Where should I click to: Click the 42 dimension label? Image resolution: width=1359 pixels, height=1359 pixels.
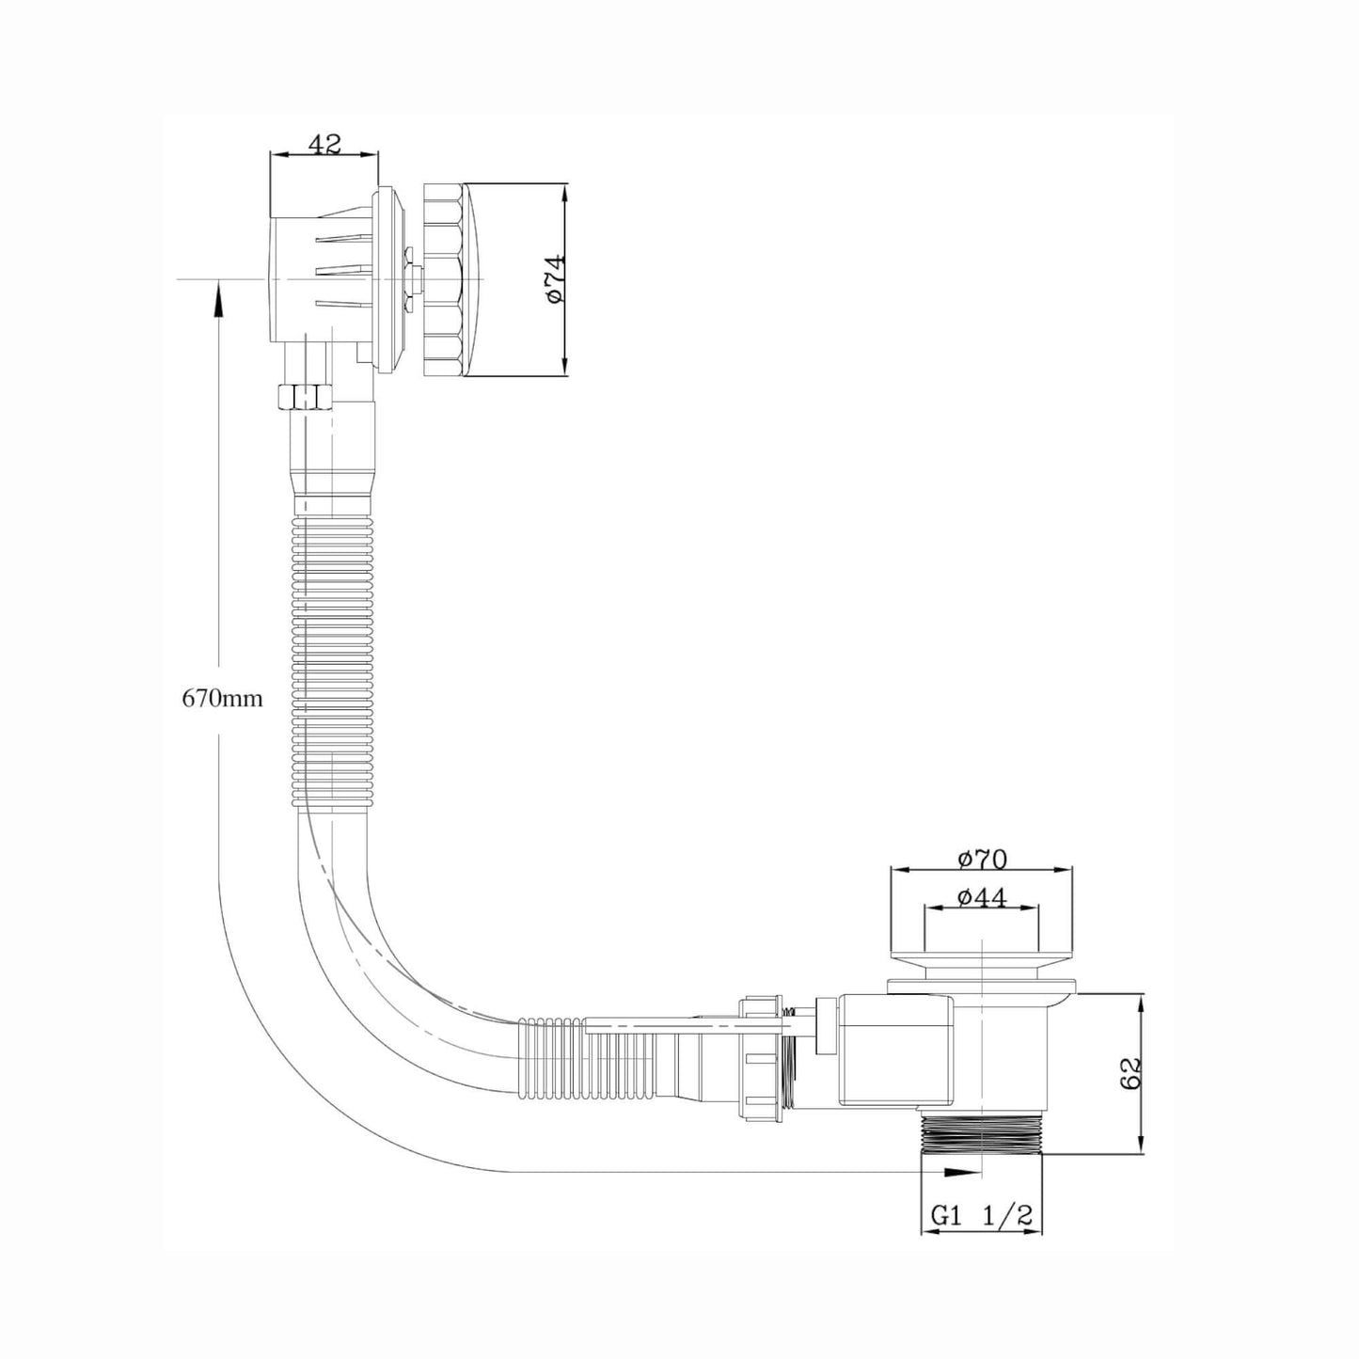tap(324, 144)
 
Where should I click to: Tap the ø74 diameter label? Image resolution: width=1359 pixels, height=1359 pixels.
tap(556, 278)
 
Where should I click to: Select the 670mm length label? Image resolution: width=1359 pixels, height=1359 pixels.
tap(222, 699)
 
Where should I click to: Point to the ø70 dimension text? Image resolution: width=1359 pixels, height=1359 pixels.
tap(983, 859)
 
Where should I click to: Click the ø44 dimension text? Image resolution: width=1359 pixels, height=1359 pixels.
tap(983, 898)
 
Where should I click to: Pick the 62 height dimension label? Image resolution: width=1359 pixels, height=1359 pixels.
tap(1130, 1074)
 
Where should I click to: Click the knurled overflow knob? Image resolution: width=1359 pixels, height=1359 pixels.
tap(444, 279)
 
